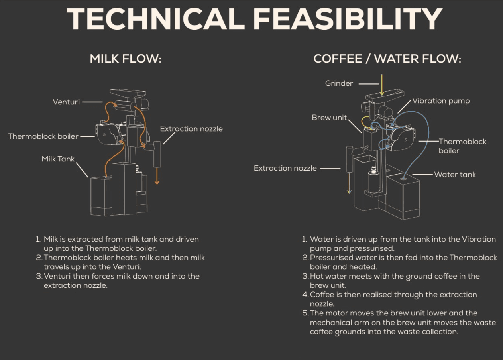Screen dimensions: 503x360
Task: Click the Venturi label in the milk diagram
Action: pos(66,102)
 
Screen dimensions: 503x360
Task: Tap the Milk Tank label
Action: pos(58,159)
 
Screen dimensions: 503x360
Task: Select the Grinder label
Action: pos(339,83)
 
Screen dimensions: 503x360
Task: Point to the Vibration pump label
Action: pos(441,101)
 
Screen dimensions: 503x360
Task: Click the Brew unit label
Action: pos(329,118)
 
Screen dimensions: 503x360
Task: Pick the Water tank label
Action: pos(455,175)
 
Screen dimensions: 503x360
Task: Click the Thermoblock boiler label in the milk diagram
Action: pos(43,136)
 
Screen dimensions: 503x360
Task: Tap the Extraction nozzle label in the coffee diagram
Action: pos(285,168)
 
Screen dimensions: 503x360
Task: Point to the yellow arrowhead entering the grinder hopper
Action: pos(382,93)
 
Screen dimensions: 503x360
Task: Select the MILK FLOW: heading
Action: pos(126,59)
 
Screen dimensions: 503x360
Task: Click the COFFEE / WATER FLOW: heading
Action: pos(387,59)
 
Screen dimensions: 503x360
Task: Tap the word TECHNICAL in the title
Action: pos(155,19)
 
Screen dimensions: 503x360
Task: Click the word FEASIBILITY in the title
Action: pos(348,19)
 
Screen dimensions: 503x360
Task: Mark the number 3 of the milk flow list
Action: pos(39,276)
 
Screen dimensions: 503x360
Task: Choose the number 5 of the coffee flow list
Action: pos(305,313)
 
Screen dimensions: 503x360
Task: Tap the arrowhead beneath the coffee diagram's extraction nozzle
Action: pos(349,192)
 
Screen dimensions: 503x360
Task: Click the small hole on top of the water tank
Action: pos(403,179)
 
